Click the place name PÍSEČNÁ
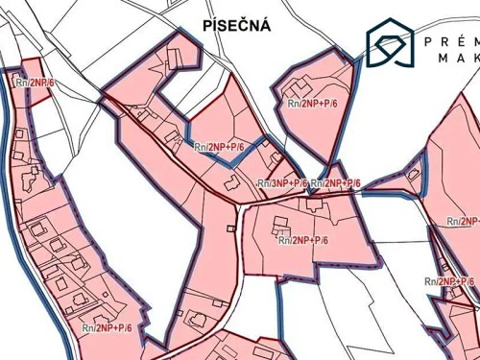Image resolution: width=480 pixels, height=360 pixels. tap(237, 26)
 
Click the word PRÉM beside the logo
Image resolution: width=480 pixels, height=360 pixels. tap(452, 40)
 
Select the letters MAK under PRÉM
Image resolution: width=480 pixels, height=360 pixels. tap(459, 60)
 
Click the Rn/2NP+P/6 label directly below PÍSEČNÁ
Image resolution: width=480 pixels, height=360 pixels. tap(219, 147)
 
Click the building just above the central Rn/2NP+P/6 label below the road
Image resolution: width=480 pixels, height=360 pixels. tap(281, 225)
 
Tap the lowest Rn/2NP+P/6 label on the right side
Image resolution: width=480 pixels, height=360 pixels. tap(449, 281)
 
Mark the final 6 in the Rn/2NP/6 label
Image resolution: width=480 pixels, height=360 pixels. tap(54, 84)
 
